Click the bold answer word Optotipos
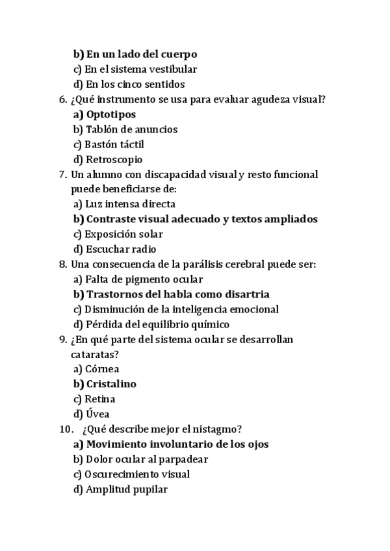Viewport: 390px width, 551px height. tap(111, 114)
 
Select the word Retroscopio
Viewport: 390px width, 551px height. tap(114, 159)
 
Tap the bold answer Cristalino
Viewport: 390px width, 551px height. tap(111, 384)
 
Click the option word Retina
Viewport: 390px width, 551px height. tap(100, 399)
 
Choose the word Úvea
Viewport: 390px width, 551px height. tap(97, 414)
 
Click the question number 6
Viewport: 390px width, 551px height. tap(62, 99)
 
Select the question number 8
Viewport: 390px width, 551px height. tap(62, 264)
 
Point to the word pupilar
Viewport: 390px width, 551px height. tap(149, 489)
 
